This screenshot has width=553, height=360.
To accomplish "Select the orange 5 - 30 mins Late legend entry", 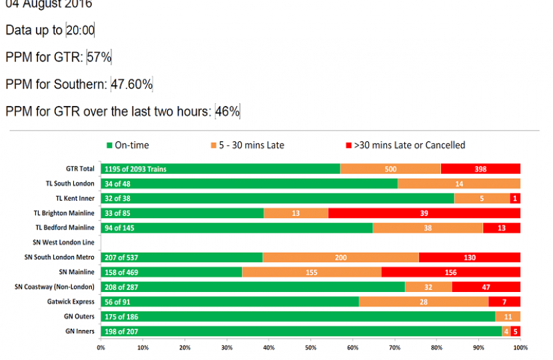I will (247, 145).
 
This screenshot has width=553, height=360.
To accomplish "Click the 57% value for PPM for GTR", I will (99, 57).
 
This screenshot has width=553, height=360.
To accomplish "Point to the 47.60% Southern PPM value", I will (132, 85).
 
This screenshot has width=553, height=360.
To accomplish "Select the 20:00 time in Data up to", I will (80, 30).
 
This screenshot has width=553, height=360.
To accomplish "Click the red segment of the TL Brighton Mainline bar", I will (424, 213).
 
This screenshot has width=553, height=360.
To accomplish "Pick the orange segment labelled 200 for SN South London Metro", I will (340, 257).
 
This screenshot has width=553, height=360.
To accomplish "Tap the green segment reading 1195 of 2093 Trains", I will (220, 169).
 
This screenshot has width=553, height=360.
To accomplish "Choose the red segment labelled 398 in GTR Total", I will (480, 169).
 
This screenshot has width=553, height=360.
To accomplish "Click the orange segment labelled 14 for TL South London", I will (459, 183).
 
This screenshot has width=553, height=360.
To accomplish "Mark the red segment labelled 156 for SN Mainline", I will (450, 271).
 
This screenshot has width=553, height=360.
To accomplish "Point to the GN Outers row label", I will (81, 316).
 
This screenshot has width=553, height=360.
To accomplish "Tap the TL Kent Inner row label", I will (76, 198).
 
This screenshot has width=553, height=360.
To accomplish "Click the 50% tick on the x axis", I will (310, 347).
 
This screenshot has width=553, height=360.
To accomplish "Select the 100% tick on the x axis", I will (520, 347).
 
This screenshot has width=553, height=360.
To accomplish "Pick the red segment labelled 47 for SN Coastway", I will (486, 287).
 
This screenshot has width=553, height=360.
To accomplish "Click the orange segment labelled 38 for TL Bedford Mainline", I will (428, 227).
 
